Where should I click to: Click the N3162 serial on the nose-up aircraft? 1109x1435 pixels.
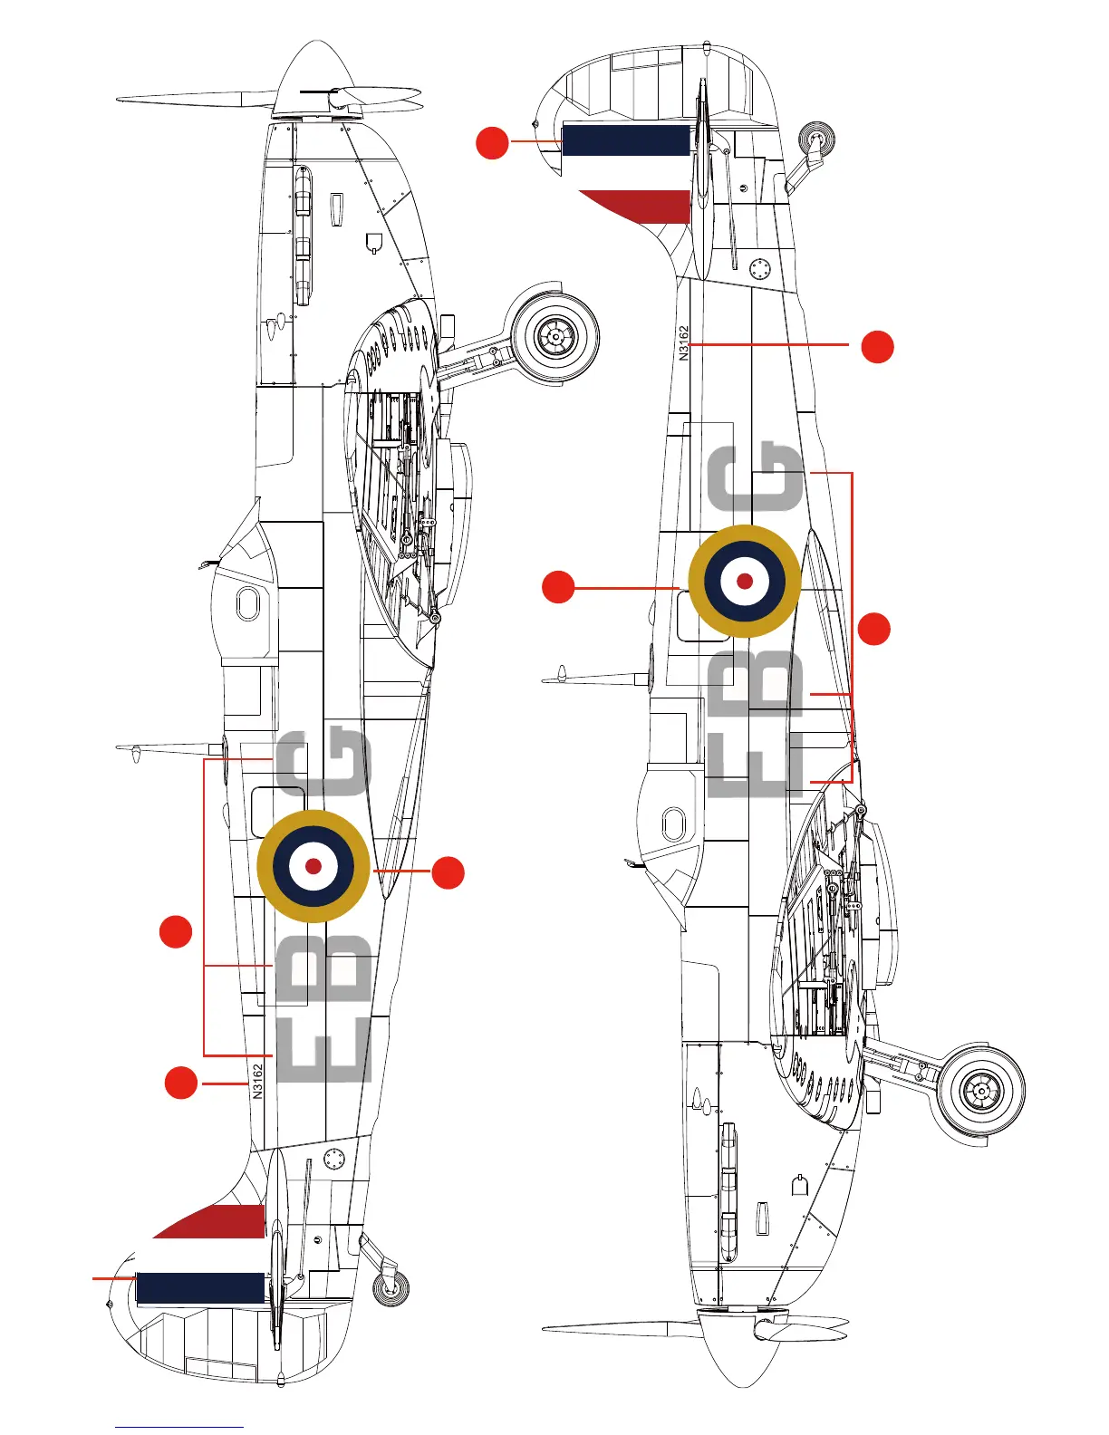(x=258, y=1081)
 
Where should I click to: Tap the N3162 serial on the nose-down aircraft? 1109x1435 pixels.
(x=684, y=343)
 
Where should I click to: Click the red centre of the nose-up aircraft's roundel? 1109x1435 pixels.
(x=313, y=866)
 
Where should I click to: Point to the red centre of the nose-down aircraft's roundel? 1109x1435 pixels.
(x=745, y=581)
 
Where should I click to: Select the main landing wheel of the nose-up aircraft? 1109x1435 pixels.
(x=554, y=337)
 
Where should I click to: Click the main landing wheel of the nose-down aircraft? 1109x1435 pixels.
(x=980, y=1090)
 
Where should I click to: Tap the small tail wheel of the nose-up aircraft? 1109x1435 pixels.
(x=391, y=1288)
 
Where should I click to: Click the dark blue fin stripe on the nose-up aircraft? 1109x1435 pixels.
(x=199, y=1287)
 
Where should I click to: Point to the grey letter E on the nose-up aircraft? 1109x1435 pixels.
(x=324, y=1049)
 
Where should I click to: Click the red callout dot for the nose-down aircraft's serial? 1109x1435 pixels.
(x=877, y=347)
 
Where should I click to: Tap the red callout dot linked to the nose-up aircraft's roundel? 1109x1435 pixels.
(x=448, y=872)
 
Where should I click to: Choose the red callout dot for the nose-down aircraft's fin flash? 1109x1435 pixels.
(x=492, y=143)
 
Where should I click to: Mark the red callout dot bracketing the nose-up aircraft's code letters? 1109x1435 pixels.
(x=176, y=931)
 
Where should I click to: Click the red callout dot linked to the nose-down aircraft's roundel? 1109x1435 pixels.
(x=558, y=587)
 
